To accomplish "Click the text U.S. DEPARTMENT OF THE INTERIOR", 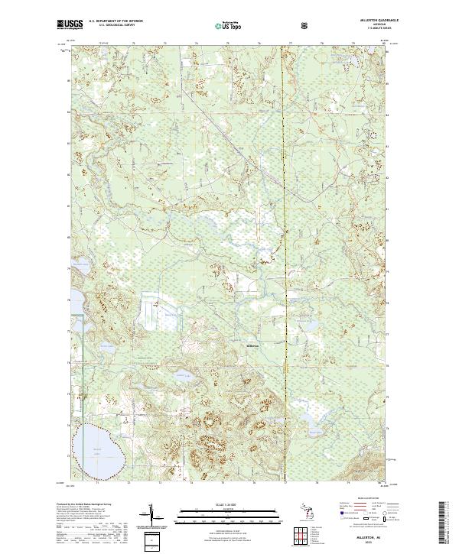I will (116, 21).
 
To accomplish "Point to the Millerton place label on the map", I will (253, 345).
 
